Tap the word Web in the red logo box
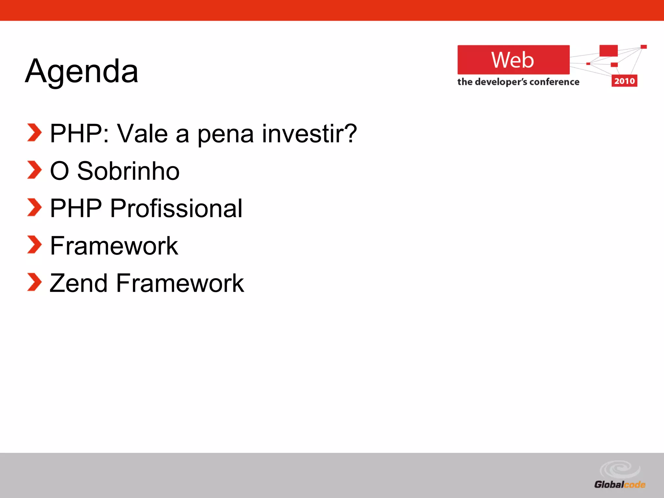512,60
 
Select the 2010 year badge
624,81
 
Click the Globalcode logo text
620,485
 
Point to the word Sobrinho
128,171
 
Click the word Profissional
176,208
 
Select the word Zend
78,283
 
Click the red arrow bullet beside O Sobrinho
34,170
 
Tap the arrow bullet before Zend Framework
34,282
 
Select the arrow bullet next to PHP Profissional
34,207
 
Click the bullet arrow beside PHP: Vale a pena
34,132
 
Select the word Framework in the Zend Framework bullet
180,283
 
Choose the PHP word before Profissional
76,208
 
